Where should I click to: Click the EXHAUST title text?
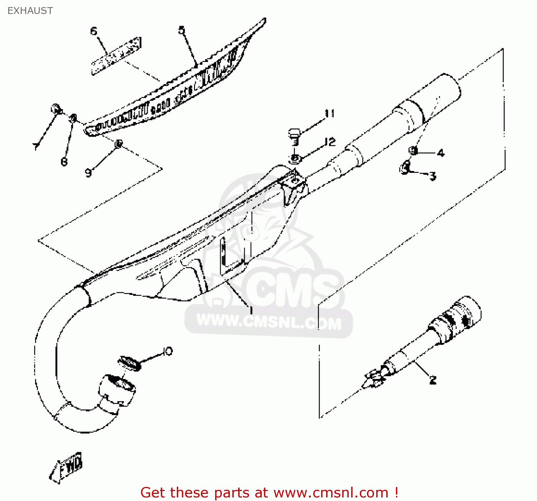coord(30,11)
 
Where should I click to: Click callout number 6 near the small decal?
coord(93,31)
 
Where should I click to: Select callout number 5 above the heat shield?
coord(182,30)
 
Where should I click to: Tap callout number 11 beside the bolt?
coord(330,113)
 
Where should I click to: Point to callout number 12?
coord(330,142)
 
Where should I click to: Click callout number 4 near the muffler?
coord(441,153)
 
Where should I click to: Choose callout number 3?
coord(433,176)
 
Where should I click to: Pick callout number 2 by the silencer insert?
coord(433,380)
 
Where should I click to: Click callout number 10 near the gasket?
coord(167,351)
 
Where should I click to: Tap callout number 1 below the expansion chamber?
coord(251,310)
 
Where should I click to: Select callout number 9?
coord(88,172)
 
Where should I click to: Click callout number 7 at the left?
coord(35,146)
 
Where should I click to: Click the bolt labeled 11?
coord(294,136)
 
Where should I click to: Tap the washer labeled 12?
coord(295,158)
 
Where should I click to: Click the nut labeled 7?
coord(56,108)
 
